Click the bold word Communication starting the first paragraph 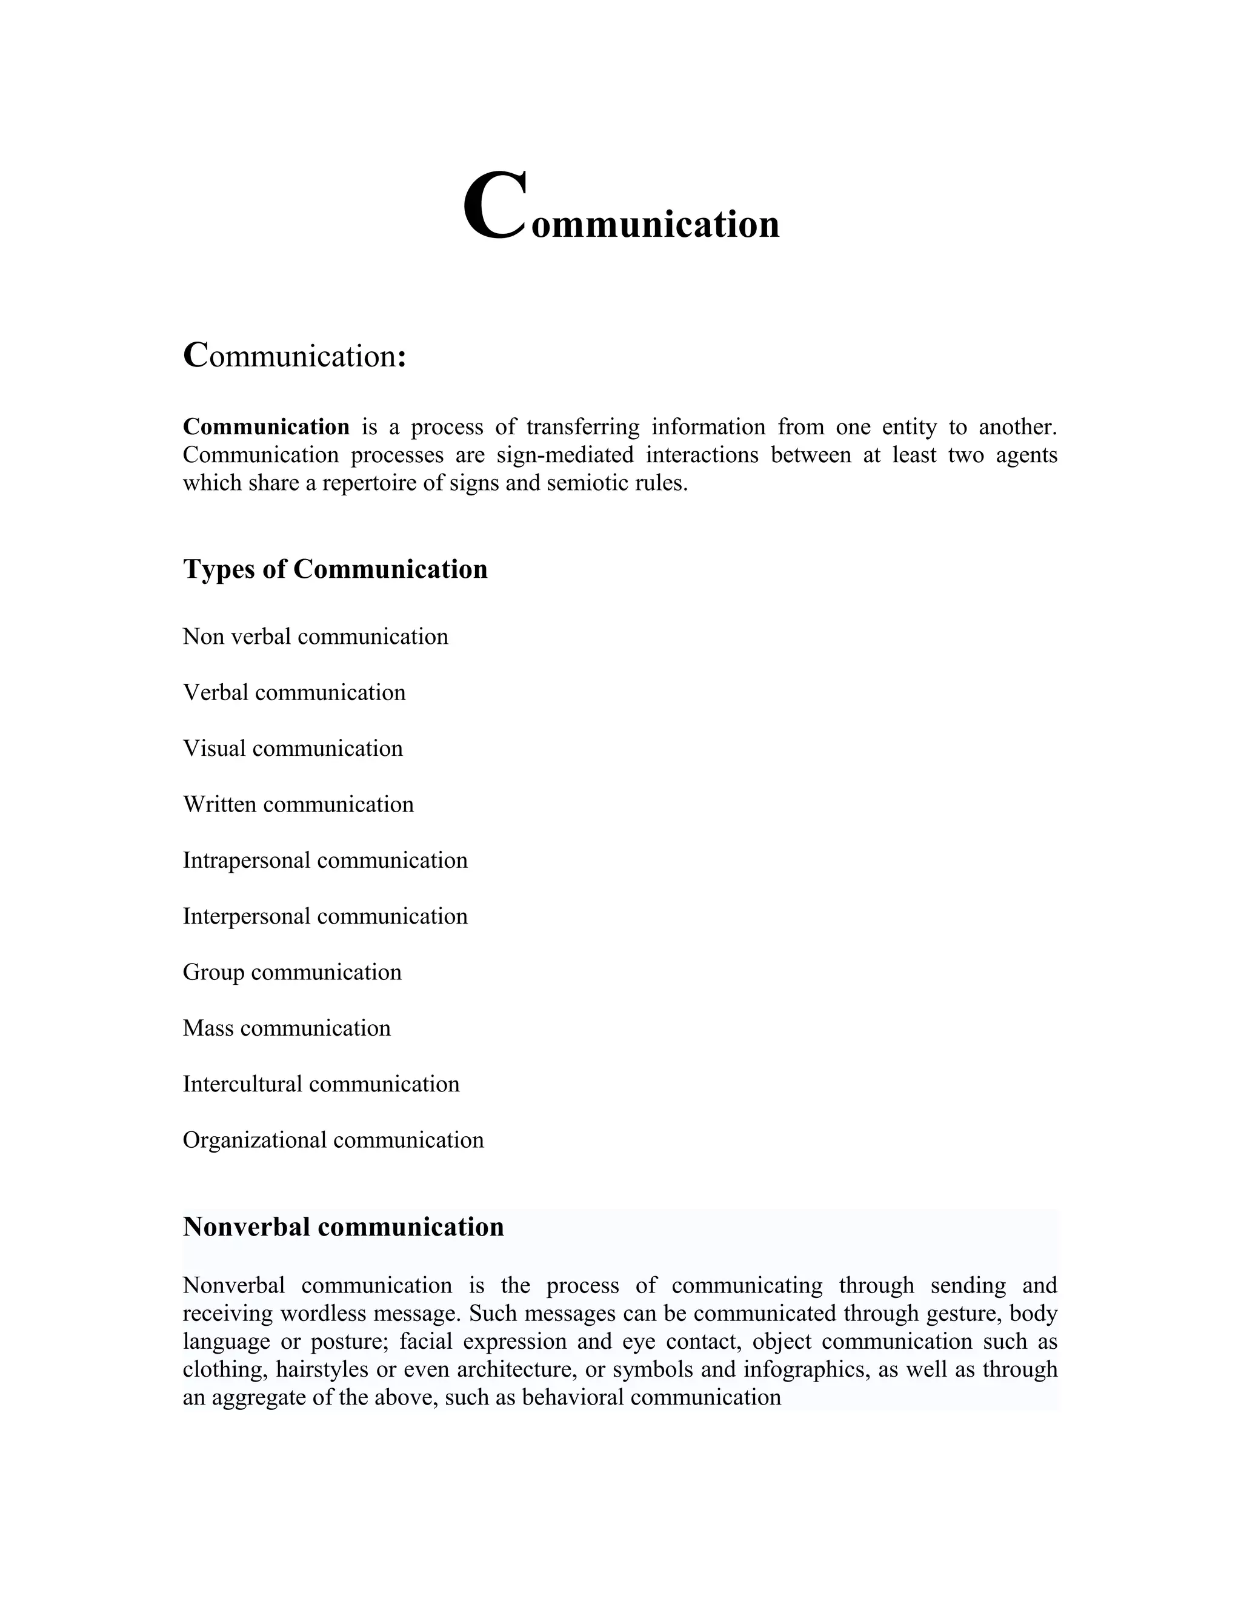(266, 427)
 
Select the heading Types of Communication (334, 569)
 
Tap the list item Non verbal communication (315, 637)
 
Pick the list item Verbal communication (294, 692)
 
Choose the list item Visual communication (293, 748)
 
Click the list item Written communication (298, 804)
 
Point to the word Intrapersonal (247, 861)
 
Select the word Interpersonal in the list (247, 916)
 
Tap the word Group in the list (213, 972)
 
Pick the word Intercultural (242, 1084)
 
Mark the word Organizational (255, 1140)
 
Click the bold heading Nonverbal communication (344, 1227)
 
